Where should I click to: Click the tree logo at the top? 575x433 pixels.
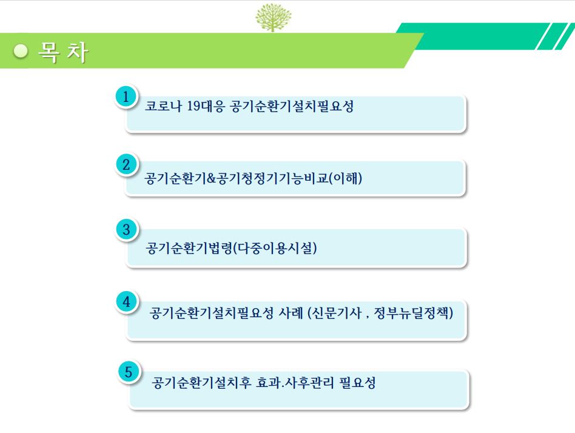coord(273,17)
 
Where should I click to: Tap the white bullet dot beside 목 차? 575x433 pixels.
coord(21,52)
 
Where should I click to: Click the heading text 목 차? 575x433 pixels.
coord(63,52)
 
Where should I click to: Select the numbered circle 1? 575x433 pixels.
coord(126,97)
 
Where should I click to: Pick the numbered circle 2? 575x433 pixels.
coord(126,164)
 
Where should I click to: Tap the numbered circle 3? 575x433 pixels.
coord(126,229)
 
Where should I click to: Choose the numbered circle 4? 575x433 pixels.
coord(127,302)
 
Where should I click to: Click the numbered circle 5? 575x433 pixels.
coord(129,372)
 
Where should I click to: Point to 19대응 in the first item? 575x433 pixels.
coord(206,106)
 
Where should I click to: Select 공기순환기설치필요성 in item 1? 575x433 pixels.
coord(292,106)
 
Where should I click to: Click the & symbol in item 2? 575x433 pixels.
coord(211,178)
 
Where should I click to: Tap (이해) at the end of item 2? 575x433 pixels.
coord(346,178)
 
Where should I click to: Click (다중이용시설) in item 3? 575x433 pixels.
coord(275,248)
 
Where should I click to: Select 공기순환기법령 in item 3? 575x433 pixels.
coord(189,248)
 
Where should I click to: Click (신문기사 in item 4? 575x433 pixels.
coord(335,313)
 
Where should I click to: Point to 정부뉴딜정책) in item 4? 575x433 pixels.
coord(414,313)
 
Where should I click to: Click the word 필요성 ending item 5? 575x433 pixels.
coord(357,383)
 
